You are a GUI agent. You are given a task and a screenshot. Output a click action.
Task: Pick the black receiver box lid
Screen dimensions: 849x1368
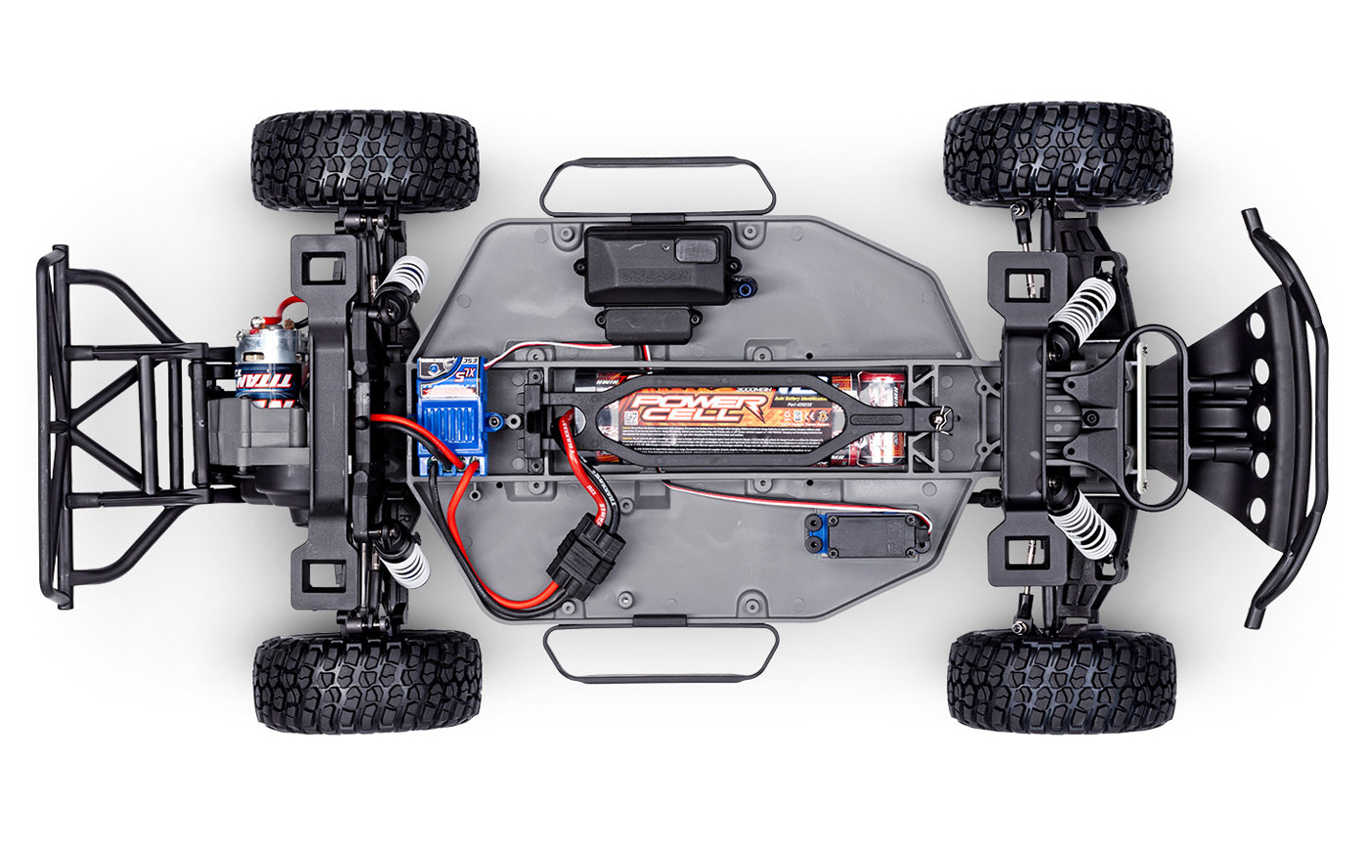coord(657,264)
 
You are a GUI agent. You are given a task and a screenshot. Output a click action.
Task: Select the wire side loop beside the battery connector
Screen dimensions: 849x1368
coord(662,653)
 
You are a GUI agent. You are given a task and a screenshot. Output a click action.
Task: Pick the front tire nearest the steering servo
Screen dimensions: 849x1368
coord(1060,682)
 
